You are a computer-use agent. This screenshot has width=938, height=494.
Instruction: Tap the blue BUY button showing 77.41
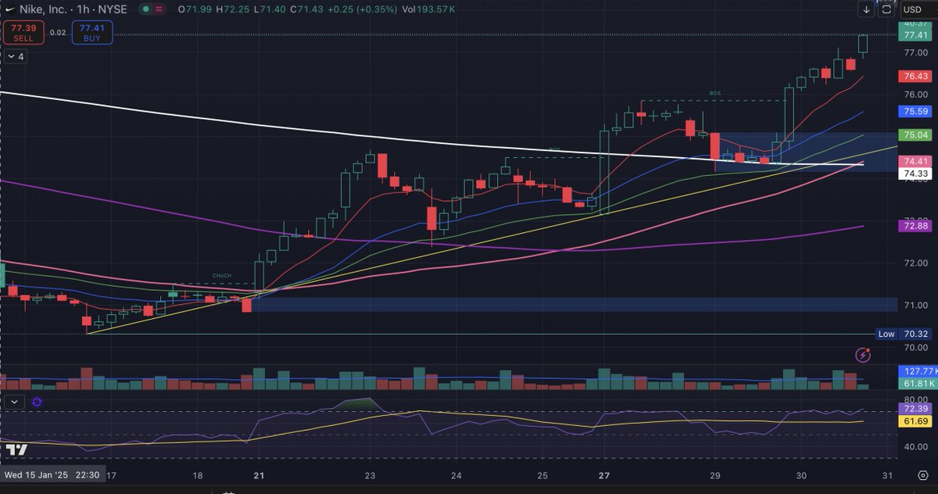pos(92,32)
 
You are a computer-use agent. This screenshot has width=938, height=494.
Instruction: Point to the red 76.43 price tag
pos(915,77)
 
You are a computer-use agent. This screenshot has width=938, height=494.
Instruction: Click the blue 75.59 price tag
pos(915,112)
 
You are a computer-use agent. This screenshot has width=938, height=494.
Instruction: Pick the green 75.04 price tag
pos(915,134)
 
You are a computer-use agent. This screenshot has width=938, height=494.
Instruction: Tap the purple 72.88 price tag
pos(915,226)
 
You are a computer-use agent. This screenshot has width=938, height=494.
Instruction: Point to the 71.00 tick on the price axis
pos(915,306)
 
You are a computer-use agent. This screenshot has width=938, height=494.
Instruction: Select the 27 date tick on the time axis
pos(604,475)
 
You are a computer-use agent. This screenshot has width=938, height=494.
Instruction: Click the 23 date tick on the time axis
pos(370,475)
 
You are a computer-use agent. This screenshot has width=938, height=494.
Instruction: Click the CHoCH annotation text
pos(223,276)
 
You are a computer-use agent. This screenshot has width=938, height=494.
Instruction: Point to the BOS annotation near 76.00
pos(715,94)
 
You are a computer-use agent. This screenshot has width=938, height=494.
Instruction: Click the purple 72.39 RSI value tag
pos(915,409)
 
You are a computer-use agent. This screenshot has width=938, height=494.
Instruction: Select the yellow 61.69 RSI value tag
pos(915,421)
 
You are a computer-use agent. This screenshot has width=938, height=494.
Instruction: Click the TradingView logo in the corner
pos(16,450)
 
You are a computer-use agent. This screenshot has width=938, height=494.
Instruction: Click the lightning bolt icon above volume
pos(864,355)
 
